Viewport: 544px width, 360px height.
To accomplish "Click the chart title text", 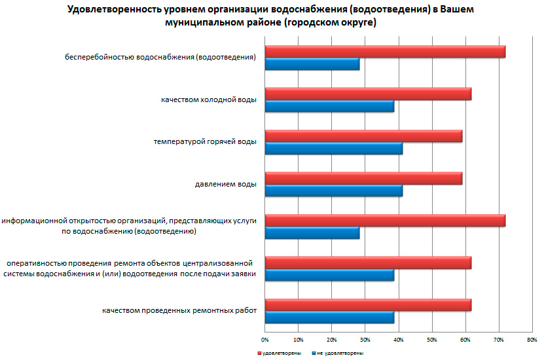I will tap(271, 16).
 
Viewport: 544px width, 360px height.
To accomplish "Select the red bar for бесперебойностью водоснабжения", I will tap(385, 52).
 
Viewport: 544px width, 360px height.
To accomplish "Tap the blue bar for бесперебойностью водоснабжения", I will tap(312, 64).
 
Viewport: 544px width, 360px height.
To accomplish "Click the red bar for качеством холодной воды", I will tap(368, 94).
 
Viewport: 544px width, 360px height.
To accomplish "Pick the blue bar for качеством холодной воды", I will tap(329, 107).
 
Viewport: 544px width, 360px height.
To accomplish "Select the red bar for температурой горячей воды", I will tap(363, 136).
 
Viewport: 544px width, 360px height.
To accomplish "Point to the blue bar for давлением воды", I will tap(333, 191).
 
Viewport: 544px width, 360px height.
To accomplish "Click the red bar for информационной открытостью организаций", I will tap(385, 221).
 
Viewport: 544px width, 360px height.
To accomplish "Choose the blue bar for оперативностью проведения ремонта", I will tap(329, 276).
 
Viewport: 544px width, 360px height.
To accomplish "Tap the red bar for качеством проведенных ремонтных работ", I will tap(368, 305).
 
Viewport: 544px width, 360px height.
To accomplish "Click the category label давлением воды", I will tap(225, 184).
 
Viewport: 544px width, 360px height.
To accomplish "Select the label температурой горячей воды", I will tap(205, 141).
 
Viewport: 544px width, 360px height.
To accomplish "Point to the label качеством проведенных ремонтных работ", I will tap(179, 310).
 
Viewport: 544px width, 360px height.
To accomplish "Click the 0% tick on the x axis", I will tap(265, 340).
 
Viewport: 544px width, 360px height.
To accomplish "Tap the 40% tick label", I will tap(399, 340).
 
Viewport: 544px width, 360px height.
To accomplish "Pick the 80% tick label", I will tap(532, 340).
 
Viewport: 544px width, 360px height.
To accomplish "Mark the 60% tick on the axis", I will tap(465, 340).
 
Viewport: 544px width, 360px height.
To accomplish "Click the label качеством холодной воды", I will tap(209, 99).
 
